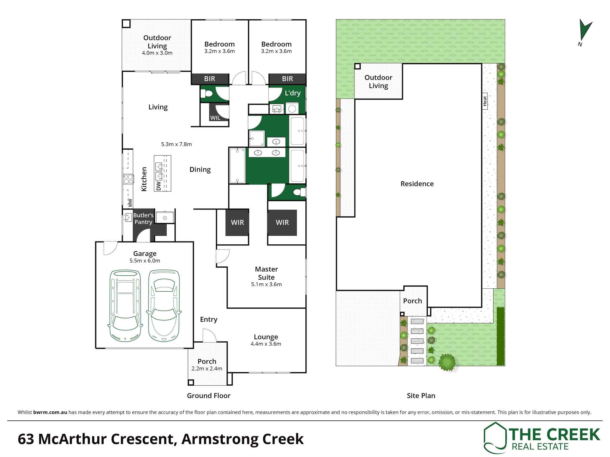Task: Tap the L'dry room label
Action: point(293,93)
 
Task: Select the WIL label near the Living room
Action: point(215,118)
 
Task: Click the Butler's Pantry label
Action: point(143,219)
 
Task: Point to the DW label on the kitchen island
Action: point(158,186)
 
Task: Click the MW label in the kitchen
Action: point(130,203)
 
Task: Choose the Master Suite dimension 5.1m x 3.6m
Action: point(266,284)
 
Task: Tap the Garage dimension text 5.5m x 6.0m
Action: point(145,261)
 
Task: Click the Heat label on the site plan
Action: point(485,101)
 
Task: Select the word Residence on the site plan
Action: point(417,184)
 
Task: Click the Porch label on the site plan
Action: point(412,301)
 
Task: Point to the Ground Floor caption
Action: point(209,395)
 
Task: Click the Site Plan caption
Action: point(421,395)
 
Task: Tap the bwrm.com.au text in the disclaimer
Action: point(50,412)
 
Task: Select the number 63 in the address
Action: point(26,439)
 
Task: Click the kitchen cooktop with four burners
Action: point(128,179)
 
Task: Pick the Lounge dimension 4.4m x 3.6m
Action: point(266,344)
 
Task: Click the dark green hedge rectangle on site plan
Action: point(500,336)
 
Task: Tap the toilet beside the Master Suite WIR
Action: point(299,192)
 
